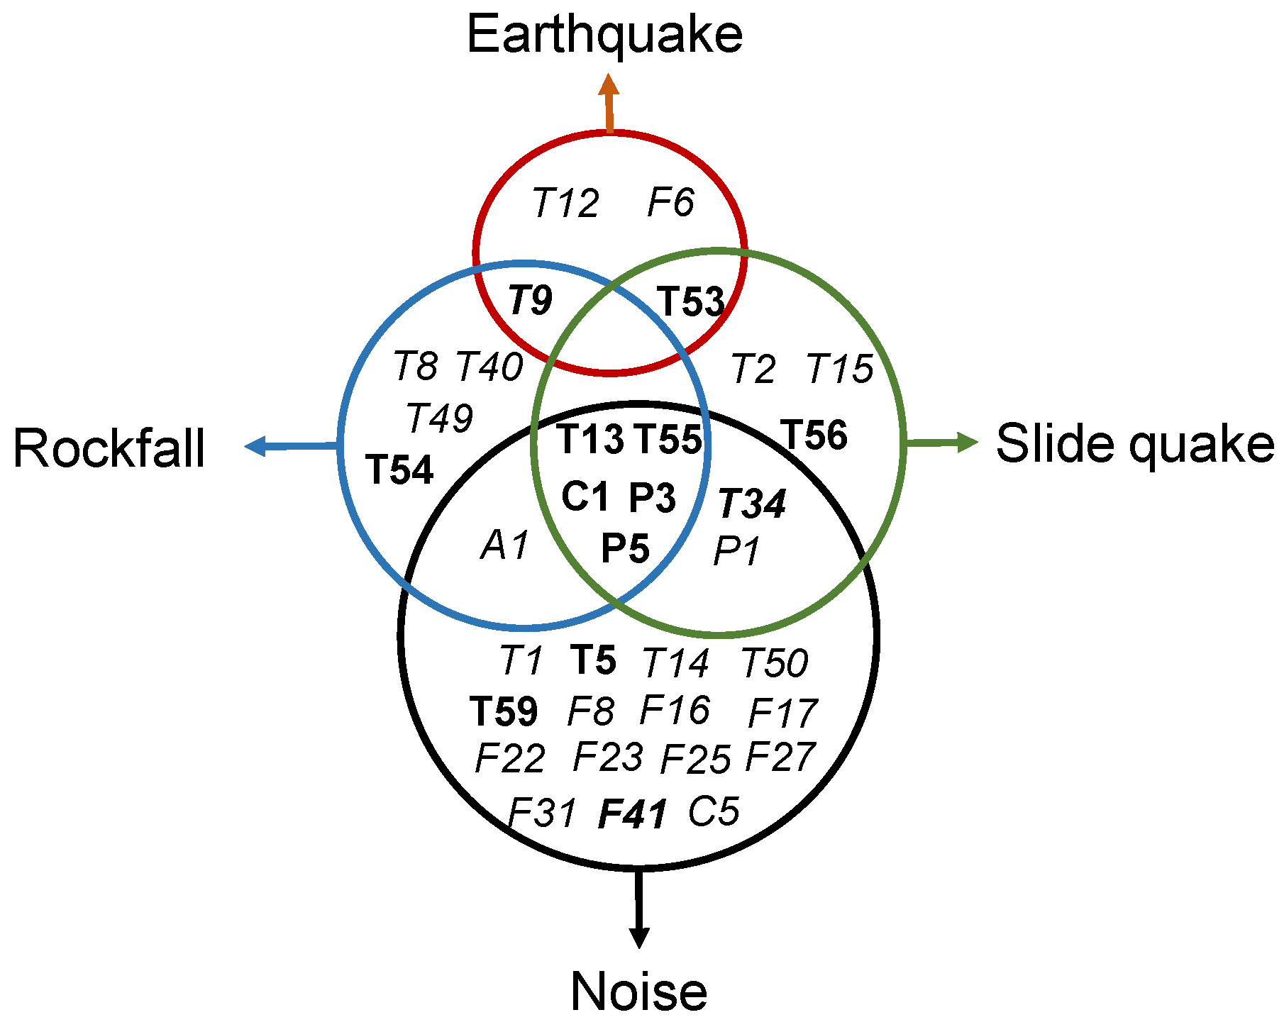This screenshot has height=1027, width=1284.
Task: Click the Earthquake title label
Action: coord(604,35)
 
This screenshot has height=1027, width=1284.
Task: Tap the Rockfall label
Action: coord(109,448)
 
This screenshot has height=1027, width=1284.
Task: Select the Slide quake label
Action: coord(1134,444)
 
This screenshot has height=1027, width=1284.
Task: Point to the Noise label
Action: coord(638,991)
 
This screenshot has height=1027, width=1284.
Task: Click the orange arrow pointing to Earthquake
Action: coord(609,103)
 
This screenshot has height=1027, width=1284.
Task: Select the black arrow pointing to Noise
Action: coord(639,908)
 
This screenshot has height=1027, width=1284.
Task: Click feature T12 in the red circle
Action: coord(565,204)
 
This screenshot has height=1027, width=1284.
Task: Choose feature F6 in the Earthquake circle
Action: coord(670,202)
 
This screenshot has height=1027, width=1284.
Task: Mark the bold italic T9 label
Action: coord(530,301)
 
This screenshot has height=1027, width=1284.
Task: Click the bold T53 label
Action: coord(691,301)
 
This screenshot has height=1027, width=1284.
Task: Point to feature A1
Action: coord(505,546)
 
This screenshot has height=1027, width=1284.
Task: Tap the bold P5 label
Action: coord(625,549)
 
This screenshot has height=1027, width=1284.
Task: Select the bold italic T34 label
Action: coord(752,504)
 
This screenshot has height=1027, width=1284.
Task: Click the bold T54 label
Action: coord(399,470)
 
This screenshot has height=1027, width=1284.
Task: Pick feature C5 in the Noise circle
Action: coord(714,811)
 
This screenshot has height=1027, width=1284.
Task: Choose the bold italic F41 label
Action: coord(633,814)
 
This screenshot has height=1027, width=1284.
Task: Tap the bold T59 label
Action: coord(504,711)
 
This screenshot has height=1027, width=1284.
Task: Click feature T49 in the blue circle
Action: coord(440,418)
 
